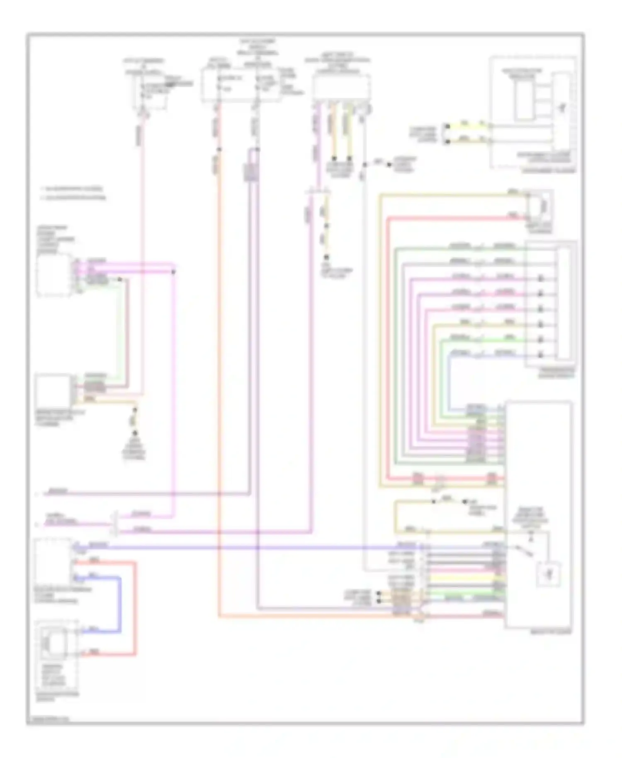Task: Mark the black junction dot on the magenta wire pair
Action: pos(174,272)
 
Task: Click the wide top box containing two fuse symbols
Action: pos(241,85)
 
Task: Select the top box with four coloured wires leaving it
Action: pos(341,87)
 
